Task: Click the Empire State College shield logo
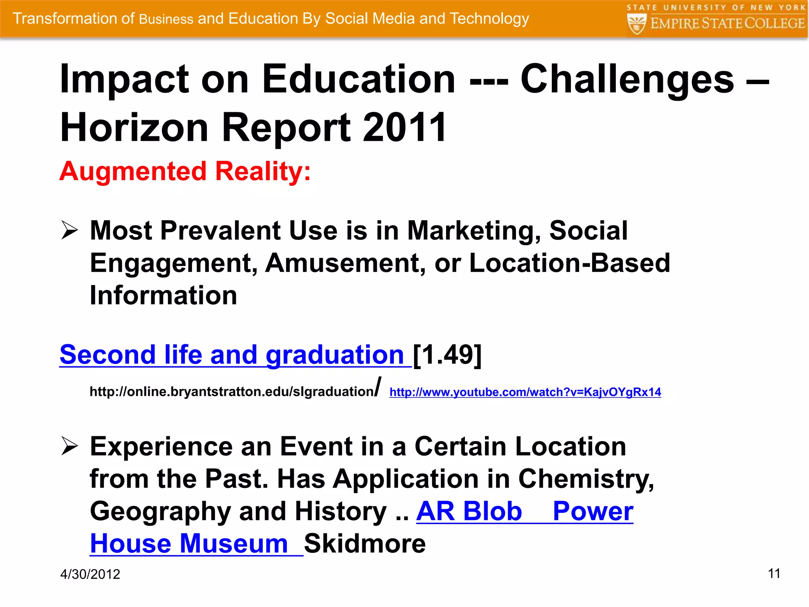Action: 636,24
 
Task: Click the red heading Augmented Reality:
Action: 185,172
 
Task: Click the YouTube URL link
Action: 525,392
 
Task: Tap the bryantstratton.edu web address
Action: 231,391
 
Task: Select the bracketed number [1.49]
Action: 447,354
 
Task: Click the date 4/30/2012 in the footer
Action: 90,574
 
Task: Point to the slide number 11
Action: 774,573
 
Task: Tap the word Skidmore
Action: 365,543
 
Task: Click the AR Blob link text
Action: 469,511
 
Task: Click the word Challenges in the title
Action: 627,79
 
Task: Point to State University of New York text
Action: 716,8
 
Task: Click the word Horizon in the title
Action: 134,127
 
